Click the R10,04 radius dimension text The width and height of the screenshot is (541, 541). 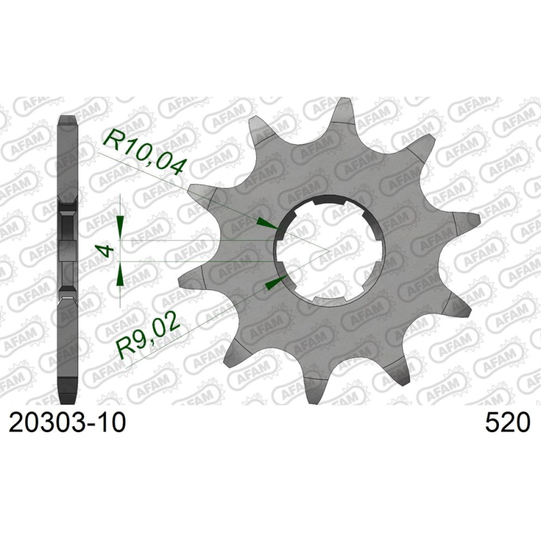[143, 153]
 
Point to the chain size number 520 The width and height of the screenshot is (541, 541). [507, 424]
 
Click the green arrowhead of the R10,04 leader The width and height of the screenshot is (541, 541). [268, 225]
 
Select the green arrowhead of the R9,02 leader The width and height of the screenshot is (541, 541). [273, 282]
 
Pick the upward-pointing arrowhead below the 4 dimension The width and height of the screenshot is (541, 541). [120, 273]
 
